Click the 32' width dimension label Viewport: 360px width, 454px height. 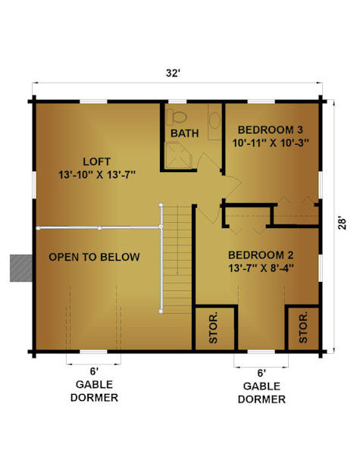174,73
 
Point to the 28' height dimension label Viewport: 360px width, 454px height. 342,224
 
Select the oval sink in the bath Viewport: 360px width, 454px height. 214,121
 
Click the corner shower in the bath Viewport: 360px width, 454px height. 178,155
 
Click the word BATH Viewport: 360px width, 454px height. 184,133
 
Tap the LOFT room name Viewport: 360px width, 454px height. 97,161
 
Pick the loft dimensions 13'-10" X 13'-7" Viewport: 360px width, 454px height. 97,174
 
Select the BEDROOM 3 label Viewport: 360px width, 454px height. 270,130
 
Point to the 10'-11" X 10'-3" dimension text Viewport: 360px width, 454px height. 271,142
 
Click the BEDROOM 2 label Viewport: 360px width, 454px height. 261,255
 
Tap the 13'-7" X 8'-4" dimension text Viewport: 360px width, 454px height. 261,268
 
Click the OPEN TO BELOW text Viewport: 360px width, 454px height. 94,257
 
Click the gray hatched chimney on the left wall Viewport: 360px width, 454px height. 21,268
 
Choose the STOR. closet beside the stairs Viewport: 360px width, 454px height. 214,327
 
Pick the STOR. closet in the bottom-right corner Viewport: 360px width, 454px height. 303,327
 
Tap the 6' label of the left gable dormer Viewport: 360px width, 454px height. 94,371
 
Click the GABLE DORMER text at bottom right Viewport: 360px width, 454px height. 261,393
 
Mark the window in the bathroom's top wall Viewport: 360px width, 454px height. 177,102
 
